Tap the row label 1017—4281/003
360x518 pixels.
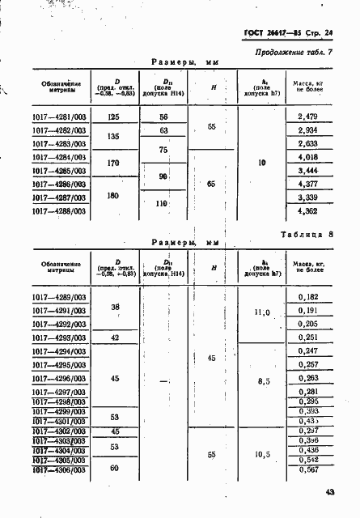point(59,117)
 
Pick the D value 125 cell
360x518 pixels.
point(113,117)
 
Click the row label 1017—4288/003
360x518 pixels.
point(59,211)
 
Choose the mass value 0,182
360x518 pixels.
point(307,299)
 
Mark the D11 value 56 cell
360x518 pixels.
point(163,117)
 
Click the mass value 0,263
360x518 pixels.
point(307,378)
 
